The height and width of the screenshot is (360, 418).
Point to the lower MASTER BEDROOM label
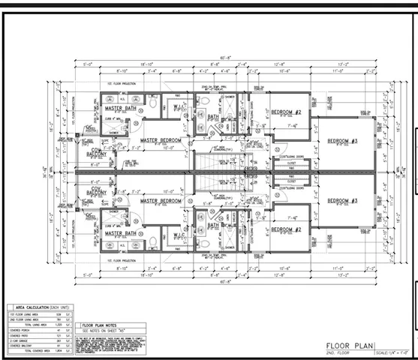pos(161,201)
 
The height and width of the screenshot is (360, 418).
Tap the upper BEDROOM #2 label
pos(286,113)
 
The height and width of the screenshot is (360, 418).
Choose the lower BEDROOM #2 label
pos(286,229)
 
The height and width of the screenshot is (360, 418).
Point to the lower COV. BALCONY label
pos(94,191)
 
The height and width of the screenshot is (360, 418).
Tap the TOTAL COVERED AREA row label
pos(33,350)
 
